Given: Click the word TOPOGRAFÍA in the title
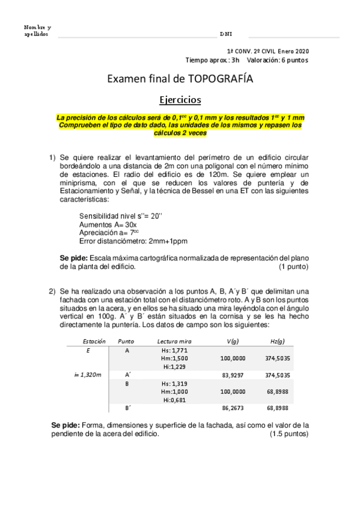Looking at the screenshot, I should pos(220,79).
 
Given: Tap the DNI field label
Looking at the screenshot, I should pos(226,34).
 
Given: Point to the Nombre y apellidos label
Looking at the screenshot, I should pos(37,31).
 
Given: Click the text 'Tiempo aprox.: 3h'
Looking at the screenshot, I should pos(212,60).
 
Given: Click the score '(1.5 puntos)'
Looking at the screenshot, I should pos(289,433).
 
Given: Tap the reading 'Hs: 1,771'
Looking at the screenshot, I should pos(175,349).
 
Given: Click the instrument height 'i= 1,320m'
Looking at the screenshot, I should pos(88,374).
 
